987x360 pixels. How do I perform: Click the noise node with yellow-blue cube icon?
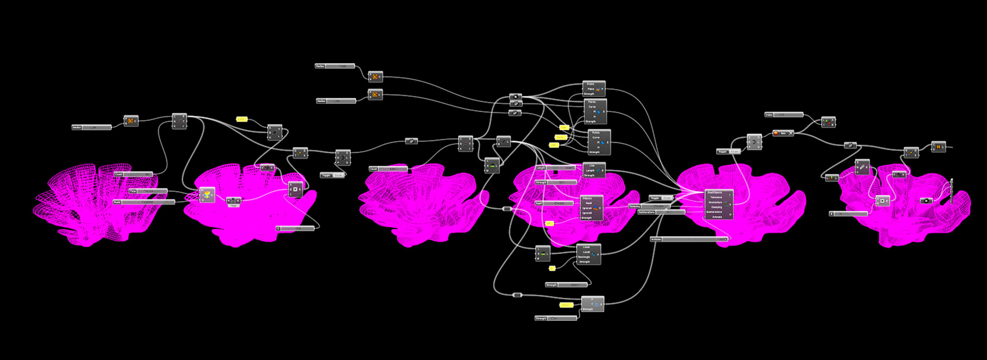coord(207,195)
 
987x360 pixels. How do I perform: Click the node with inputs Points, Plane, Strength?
coord(594,88)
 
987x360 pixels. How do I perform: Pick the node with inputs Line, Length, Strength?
coord(594,170)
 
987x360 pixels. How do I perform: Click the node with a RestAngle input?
coord(589,254)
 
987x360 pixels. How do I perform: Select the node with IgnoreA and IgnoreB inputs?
coord(591,208)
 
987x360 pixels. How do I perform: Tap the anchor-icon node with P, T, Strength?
coord(593,304)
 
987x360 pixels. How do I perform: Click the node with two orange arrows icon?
coord(939,147)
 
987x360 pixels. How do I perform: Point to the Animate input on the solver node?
coord(717,217)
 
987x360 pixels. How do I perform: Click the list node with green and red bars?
coord(828,122)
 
